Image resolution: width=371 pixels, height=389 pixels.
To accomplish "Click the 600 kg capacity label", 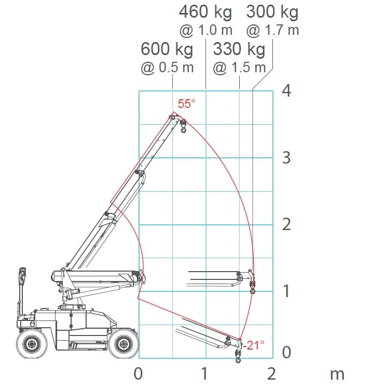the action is click(x=167, y=49).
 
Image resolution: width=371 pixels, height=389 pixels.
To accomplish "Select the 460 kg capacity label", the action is click(x=205, y=12).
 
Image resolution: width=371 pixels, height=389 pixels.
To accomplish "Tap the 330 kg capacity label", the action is click(x=239, y=49).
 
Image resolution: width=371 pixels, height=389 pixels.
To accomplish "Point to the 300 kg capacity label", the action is click(x=272, y=12).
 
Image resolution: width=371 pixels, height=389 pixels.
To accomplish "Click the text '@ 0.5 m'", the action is click(x=167, y=68).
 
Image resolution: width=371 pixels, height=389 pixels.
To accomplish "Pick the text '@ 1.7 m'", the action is click(x=272, y=31).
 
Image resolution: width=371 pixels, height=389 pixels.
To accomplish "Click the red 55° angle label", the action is click(x=186, y=104).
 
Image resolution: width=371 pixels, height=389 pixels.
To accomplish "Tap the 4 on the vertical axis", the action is click(x=286, y=90).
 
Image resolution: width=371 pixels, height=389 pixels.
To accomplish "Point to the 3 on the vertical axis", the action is click(x=286, y=157).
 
